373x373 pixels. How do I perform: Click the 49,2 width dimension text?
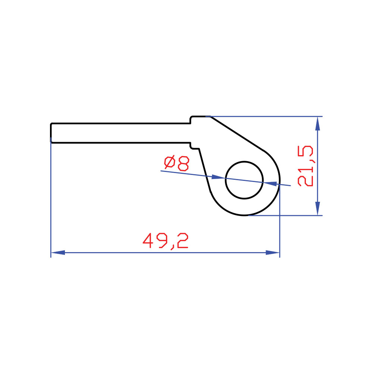pos(166,241)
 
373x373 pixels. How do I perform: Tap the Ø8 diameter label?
pos(176,163)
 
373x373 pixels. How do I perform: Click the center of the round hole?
pos(244,180)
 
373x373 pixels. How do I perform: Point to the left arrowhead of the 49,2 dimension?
pos(58,253)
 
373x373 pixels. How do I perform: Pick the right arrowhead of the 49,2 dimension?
pos(273,253)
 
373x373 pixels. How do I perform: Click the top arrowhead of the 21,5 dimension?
pos(317,123)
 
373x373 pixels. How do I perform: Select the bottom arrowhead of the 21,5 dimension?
pos(317,209)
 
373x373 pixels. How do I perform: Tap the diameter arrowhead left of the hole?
pos(218,177)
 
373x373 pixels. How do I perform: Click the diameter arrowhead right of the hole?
pos(270,183)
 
